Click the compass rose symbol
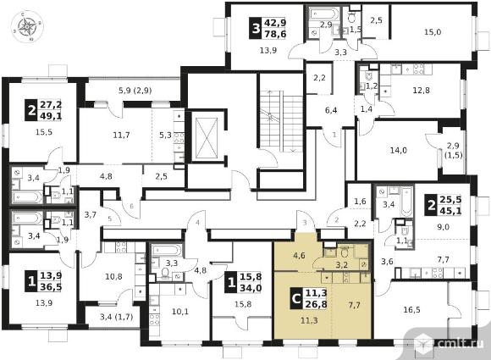tap(28, 26)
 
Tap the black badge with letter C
tap(296, 299)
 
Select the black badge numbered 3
tap(256, 29)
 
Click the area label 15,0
tap(433, 32)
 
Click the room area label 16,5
tap(412, 310)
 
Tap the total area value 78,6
tap(276, 34)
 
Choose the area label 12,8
tap(422, 91)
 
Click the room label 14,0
tap(399, 151)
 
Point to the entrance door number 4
tap(197, 223)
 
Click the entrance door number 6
tap(131, 206)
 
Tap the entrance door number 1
tap(334, 135)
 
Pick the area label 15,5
tap(44, 132)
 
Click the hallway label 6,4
tap(331, 110)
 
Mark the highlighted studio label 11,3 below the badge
tap(309, 320)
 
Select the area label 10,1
tap(180, 312)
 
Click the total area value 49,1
tap(51, 116)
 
